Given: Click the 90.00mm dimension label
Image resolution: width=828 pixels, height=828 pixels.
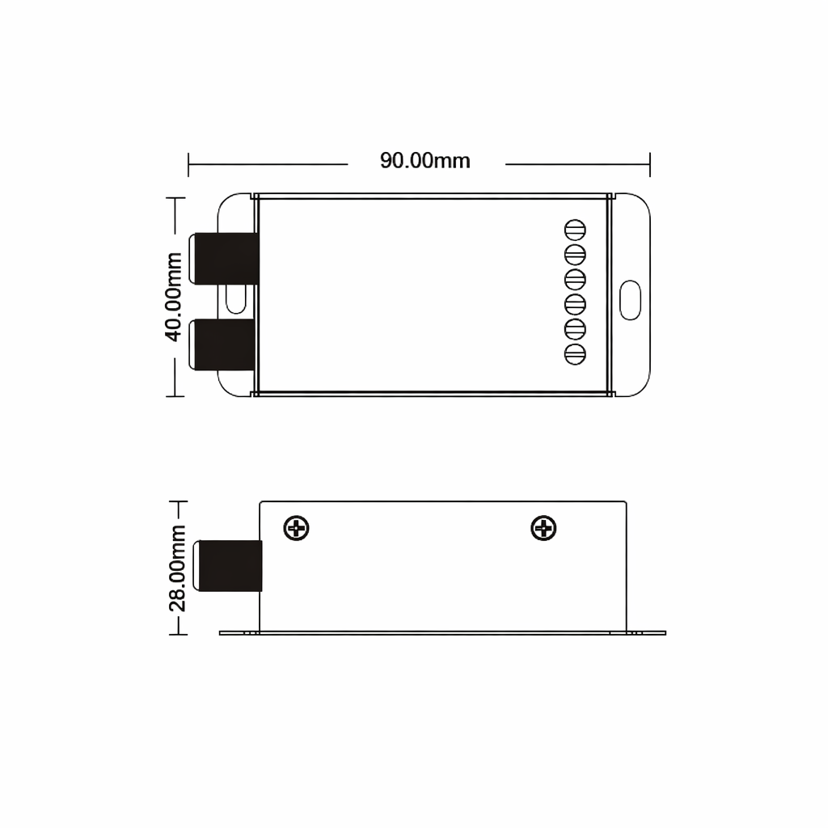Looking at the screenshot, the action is [425, 161].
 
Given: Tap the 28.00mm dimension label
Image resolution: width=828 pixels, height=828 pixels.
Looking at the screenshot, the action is [177, 568].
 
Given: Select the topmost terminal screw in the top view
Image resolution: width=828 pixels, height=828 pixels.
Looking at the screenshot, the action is [575, 230].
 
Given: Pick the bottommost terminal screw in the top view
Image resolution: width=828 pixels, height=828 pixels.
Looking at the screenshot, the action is [575, 354].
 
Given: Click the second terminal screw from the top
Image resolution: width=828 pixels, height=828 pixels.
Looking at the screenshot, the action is [575, 255].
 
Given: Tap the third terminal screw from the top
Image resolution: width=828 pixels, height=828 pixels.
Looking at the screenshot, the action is [575, 279].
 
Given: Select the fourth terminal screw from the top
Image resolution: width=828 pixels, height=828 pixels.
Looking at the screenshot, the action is [575, 304].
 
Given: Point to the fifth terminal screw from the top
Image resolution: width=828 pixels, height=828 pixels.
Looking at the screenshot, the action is [575, 330].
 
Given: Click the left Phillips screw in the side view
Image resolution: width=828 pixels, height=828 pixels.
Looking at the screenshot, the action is [296, 528].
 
